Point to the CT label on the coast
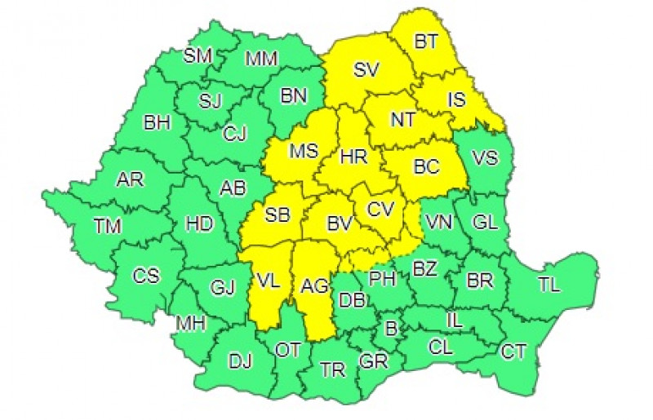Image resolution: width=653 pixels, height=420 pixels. point(513,351)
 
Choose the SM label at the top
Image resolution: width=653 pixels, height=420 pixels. point(197,55)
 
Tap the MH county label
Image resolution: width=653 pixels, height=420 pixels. point(189,324)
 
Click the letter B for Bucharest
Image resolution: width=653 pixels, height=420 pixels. point(391,330)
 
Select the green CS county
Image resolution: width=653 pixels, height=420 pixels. point(146,276)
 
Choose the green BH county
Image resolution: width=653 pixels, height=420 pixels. point(156,124)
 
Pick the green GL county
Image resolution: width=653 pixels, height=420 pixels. point(483,222)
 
